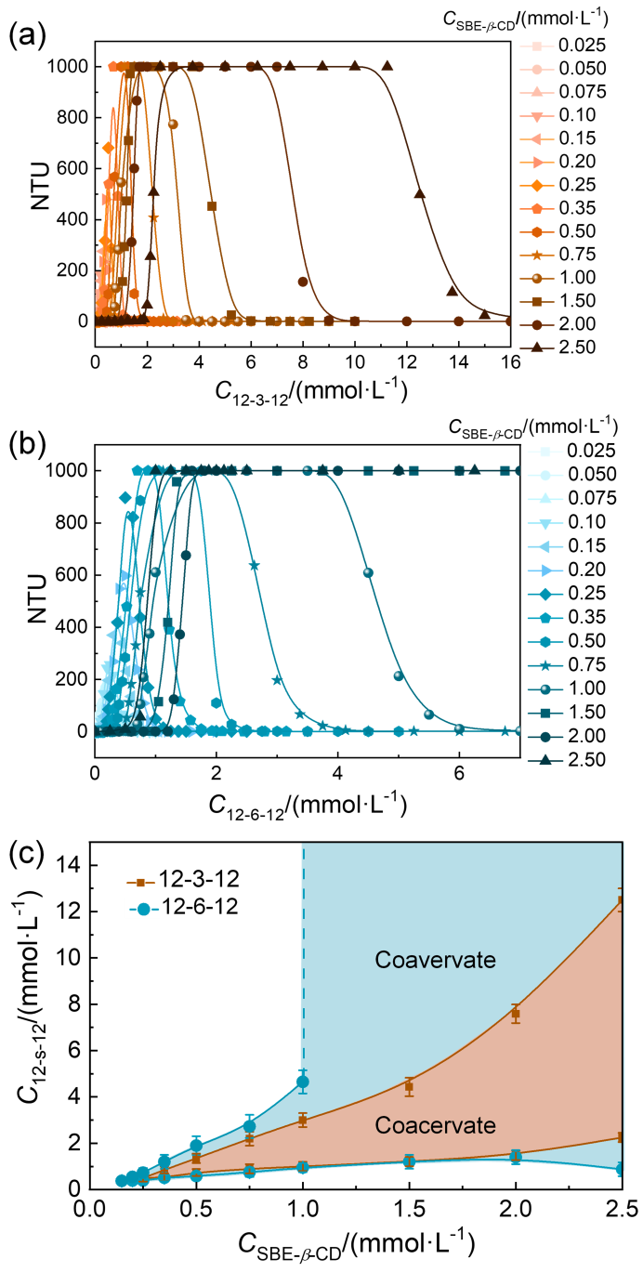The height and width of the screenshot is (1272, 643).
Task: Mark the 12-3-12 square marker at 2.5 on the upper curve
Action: pos(620,900)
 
